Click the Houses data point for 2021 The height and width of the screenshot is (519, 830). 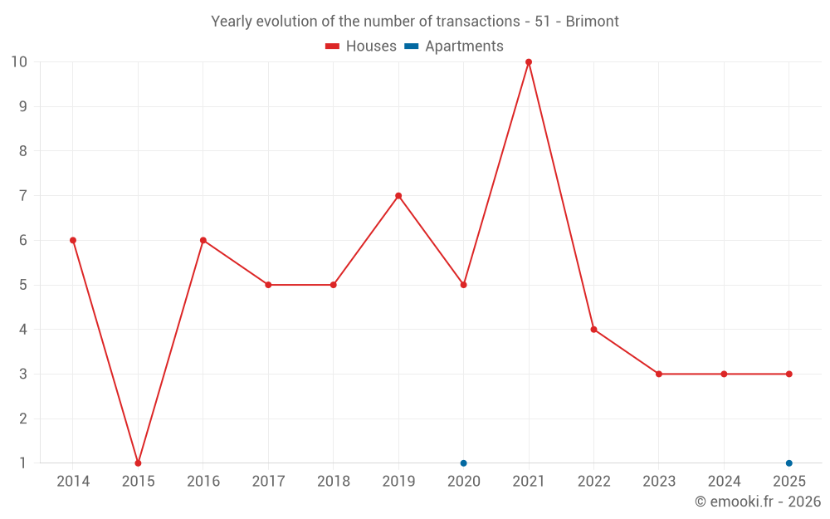point(529,62)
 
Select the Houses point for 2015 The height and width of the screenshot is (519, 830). point(138,463)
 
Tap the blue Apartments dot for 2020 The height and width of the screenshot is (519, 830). point(464,463)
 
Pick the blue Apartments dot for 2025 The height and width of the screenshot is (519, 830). point(789,463)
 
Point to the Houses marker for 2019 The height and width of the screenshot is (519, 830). point(398,196)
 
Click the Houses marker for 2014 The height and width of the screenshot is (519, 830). point(73,240)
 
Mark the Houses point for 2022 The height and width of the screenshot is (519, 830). point(593,330)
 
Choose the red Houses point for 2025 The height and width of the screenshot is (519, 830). point(789,374)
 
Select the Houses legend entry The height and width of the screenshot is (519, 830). point(361,47)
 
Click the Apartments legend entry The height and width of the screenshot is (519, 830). point(454,47)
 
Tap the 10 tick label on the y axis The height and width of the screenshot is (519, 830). point(19,62)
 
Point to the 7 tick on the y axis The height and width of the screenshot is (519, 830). point(23,196)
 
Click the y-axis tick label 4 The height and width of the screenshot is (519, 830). point(23,330)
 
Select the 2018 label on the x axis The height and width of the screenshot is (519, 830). point(334,482)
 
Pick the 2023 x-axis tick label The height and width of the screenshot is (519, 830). point(659,482)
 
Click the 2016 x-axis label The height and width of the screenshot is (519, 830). point(203,482)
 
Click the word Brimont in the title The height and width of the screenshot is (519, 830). point(592,22)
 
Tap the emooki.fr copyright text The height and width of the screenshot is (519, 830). point(758,502)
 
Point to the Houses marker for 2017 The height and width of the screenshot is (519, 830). point(268,285)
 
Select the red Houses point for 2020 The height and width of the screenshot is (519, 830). point(464,285)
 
